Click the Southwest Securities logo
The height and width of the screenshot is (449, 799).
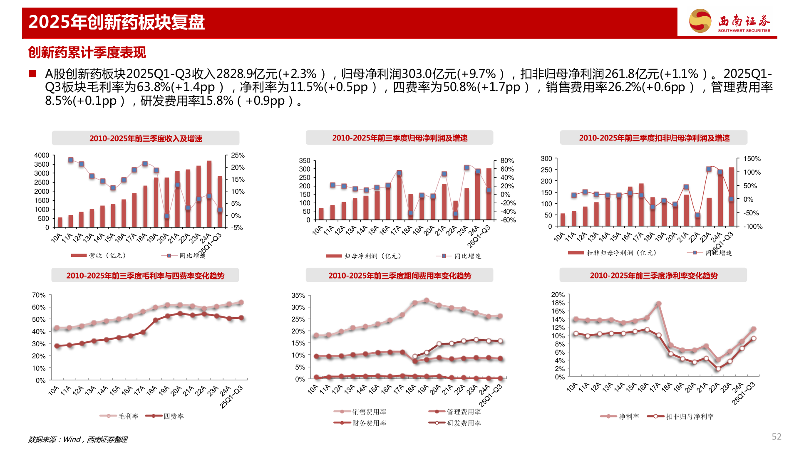(x=730, y=21)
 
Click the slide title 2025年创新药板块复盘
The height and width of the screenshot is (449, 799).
(x=117, y=22)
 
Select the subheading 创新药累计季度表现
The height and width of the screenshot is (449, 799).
(x=87, y=53)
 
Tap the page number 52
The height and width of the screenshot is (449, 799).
(x=776, y=437)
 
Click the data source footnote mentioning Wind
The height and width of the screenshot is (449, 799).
(x=78, y=439)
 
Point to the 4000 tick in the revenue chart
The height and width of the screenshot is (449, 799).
(x=42, y=155)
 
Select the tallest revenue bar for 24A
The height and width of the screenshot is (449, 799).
(x=209, y=193)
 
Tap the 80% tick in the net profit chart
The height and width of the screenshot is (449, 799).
(x=507, y=160)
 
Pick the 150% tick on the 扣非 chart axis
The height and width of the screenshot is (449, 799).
(x=752, y=159)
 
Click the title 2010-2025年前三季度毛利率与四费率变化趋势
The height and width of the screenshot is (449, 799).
(x=145, y=276)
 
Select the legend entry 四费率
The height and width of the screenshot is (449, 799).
(x=173, y=416)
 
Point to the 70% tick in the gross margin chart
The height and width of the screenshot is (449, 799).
(x=39, y=295)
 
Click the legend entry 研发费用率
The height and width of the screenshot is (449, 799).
(x=464, y=423)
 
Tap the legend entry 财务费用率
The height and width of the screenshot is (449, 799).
(x=369, y=423)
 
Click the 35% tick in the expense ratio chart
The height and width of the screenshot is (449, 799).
(x=298, y=296)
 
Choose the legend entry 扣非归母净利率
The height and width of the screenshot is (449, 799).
(x=690, y=417)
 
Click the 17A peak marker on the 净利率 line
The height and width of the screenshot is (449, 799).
(x=658, y=304)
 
